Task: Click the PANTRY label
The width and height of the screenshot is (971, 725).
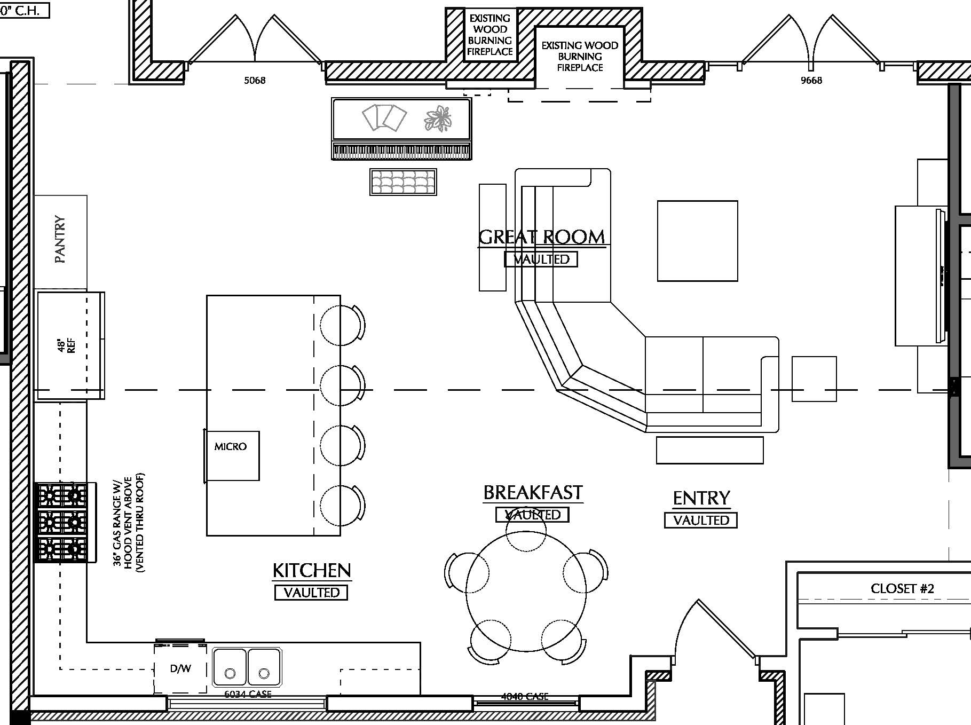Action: coord(60,240)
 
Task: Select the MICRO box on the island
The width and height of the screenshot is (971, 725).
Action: coord(232,455)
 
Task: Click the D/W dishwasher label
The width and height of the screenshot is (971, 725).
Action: coord(180,668)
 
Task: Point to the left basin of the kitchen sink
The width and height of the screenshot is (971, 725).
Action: coord(230,667)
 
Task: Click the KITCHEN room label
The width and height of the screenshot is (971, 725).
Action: coord(312,571)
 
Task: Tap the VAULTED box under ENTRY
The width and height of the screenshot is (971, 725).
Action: coord(700,520)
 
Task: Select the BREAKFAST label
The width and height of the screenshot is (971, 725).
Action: coord(533,492)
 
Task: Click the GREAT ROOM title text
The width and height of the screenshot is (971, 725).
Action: coord(541,237)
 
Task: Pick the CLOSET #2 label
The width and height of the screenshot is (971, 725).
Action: coord(902,588)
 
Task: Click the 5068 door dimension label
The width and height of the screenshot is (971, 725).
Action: coord(255,81)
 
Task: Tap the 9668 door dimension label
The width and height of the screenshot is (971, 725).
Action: coord(811,81)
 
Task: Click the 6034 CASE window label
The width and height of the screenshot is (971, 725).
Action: coord(248,695)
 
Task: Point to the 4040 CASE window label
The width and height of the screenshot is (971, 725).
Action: coord(525,697)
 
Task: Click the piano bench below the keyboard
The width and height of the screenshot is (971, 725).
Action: coord(403,182)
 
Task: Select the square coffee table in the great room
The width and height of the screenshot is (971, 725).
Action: coord(697,241)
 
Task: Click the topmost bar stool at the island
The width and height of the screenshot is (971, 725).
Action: coord(340,325)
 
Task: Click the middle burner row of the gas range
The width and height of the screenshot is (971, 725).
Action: coord(61,521)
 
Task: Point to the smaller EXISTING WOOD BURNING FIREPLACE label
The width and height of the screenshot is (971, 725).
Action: coord(490,35)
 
